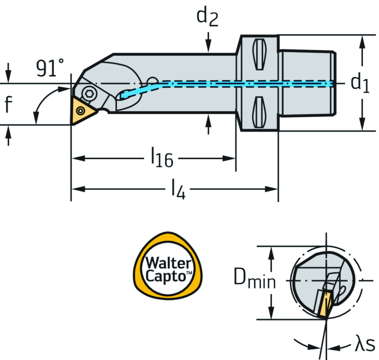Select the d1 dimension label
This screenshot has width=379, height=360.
pos(360,83)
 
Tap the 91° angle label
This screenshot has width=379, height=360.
pos(50,68)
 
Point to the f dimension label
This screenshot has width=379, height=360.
pos(8,104)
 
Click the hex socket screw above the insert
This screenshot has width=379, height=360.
pos(88,94)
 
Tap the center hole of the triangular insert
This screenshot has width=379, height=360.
pos(80,110)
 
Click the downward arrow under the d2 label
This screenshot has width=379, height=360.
pos(209,42)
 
